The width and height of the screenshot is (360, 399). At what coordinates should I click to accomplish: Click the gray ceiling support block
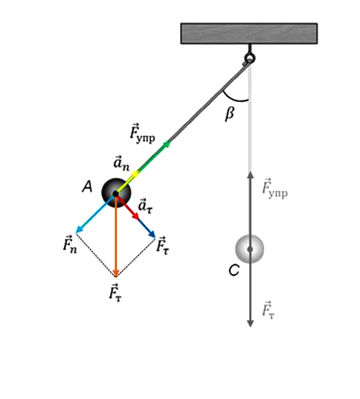coord(249,33)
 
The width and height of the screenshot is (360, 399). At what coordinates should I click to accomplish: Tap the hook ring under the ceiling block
coord(250,58)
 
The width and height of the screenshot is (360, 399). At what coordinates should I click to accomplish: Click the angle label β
coord(230,113)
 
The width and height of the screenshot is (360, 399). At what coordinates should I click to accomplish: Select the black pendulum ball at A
coord(116,193)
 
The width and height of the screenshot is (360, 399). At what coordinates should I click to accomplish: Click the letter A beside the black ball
coord(87,187)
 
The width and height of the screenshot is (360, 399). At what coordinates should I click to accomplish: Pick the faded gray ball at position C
coord(249,249)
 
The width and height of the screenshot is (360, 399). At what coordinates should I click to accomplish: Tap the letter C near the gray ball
coord(234,270)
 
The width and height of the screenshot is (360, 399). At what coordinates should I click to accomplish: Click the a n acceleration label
coord(121,164)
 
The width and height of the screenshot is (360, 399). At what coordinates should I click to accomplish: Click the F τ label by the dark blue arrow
coord(162,246)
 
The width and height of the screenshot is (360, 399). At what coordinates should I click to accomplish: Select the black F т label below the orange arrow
coord(115,293)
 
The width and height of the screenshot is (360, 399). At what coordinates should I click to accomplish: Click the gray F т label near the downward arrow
coord(269,310)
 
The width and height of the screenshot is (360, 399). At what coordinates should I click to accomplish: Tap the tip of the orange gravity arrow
coord(116,277)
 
